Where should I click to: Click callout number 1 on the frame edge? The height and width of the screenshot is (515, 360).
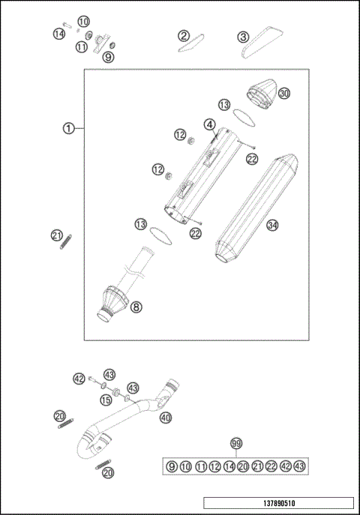coord(68,128)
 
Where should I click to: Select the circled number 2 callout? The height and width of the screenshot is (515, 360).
coord(183,35)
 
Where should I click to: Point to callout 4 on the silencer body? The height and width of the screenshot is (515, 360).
coord(209,124)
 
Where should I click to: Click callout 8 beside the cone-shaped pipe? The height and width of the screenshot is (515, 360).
coord(136,306)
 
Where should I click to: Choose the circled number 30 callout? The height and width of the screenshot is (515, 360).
coord(283,94)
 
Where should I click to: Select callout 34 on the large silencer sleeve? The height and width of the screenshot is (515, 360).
coord(272,224)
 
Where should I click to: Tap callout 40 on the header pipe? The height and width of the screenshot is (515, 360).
coord(166,418)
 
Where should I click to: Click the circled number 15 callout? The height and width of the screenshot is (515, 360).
coord(106,401)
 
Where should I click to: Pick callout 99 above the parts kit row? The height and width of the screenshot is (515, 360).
coord(237,445)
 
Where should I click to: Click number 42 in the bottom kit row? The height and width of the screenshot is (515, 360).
coord(285,466)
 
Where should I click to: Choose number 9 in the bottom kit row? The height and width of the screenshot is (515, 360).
coord(172,466)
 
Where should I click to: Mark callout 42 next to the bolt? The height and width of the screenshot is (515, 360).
coord(79,379)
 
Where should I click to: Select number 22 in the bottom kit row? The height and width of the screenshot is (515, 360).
coord(271,466)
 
